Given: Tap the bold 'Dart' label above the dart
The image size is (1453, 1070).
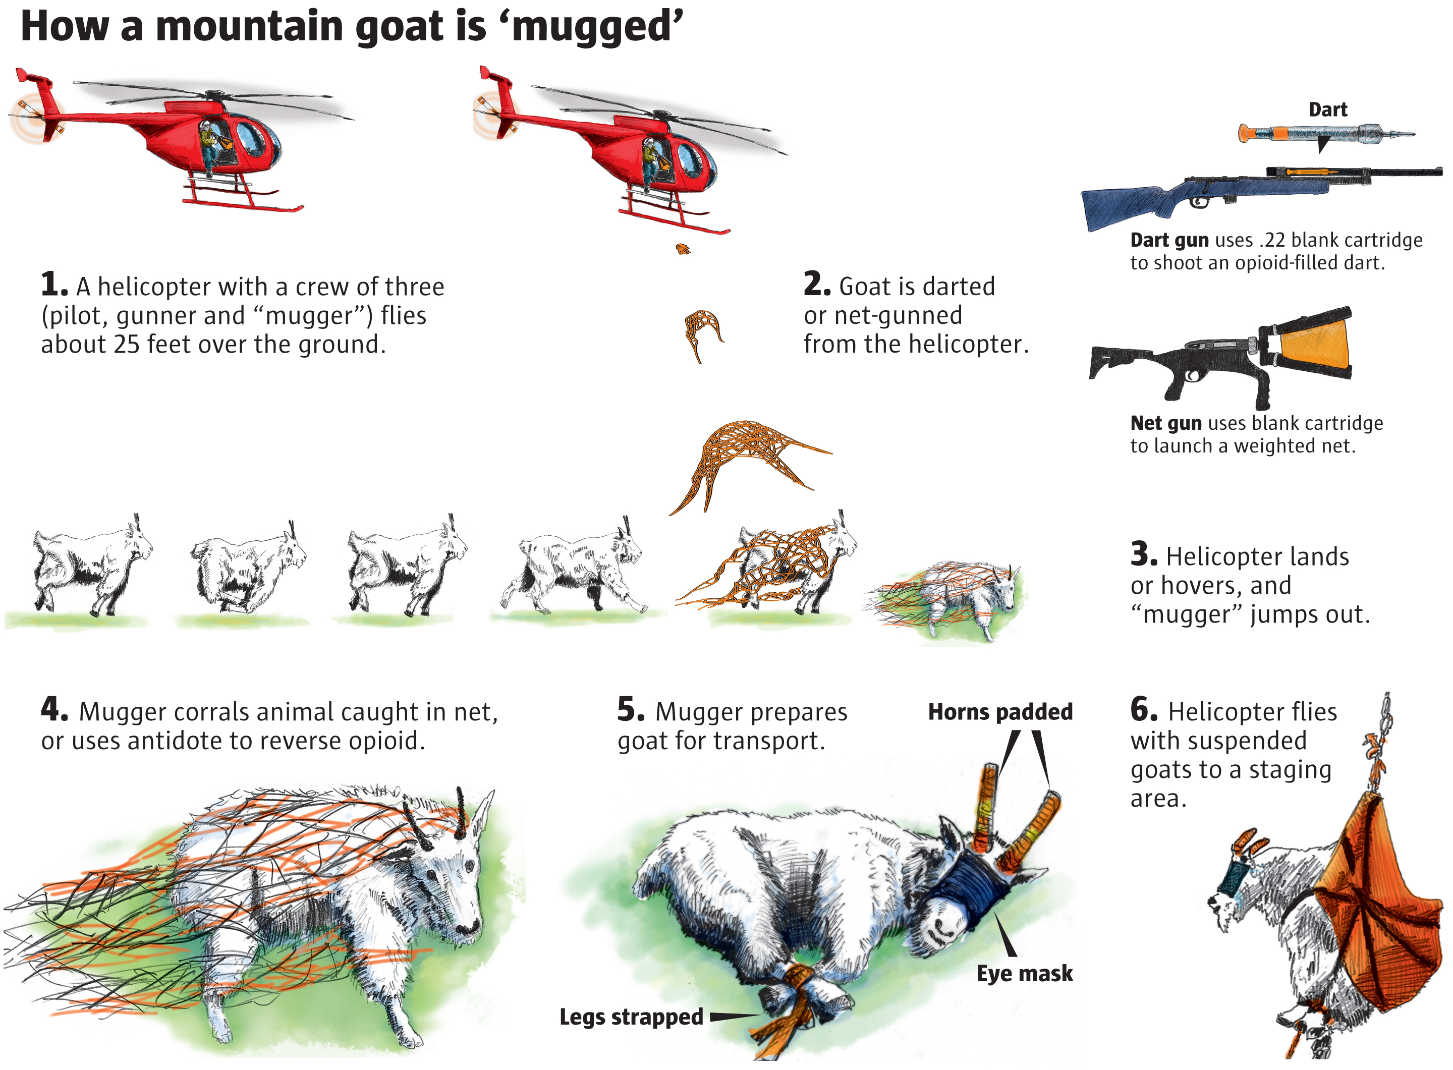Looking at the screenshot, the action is coord(1328,109).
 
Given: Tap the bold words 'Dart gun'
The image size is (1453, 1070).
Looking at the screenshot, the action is coord(1169,240).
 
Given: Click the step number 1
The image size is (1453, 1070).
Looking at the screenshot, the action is coord(53,285).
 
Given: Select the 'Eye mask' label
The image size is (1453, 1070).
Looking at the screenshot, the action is coord(1025,974).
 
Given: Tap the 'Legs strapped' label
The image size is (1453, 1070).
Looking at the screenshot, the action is coord(631,1017).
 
